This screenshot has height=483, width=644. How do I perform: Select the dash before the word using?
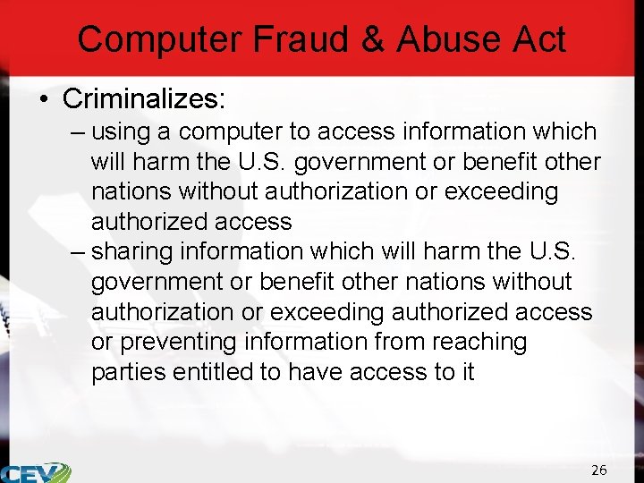click(77, 132)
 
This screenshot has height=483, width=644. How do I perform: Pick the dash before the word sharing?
click(77, 252)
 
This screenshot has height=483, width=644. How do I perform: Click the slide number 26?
click(599, 470)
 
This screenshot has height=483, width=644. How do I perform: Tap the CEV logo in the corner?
click(34, 472)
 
